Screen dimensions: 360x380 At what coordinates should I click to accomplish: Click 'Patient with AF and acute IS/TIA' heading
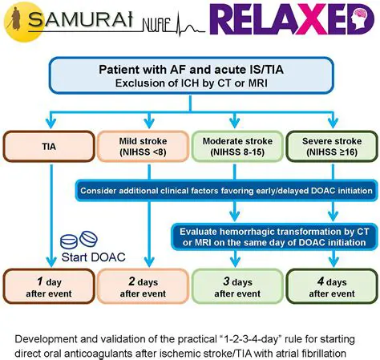click(x=189, y=70)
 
